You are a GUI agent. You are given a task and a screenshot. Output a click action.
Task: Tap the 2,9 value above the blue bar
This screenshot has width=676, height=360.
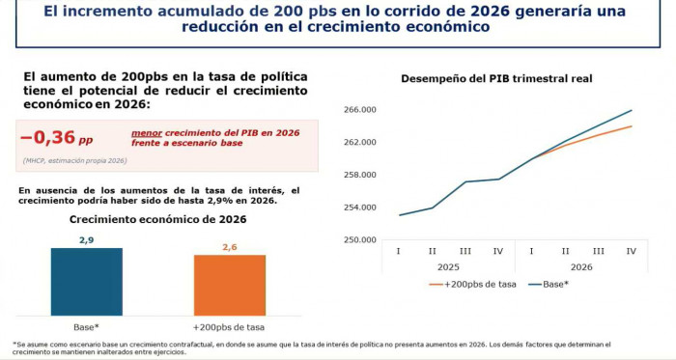(86, 239)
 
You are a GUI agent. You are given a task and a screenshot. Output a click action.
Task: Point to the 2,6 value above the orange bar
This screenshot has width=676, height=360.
(229, 247)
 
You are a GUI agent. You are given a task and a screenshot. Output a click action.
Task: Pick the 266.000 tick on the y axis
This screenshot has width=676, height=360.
(359, 110)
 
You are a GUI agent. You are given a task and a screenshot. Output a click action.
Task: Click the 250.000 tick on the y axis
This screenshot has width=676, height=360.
(359, 240)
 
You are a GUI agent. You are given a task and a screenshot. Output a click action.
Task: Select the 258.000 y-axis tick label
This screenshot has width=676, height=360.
(359, 175)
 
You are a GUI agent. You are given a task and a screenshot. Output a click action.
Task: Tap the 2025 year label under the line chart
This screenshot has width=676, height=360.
(448, 265)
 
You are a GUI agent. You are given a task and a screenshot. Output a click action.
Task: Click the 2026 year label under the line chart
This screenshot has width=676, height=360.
(580, 265)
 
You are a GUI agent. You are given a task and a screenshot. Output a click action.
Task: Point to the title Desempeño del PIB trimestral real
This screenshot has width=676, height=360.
(496, 78)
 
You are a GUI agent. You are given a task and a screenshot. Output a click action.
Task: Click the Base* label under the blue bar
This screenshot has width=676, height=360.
(86, 327)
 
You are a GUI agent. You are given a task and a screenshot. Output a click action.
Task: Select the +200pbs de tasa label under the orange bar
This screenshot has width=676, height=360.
(229, 327)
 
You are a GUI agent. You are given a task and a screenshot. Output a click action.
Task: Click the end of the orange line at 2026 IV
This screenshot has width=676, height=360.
(632, 126)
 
